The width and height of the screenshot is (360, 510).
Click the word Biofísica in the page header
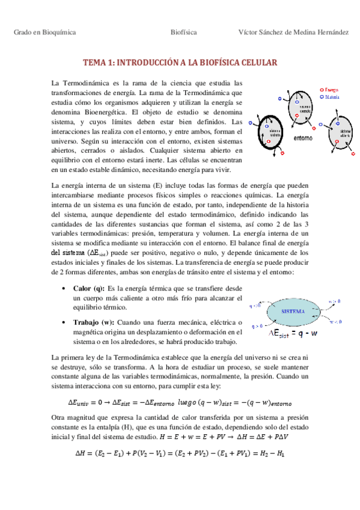[184, 32]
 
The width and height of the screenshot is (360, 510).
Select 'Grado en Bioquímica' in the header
[44, 32]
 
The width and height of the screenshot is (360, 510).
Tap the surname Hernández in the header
[329, 32]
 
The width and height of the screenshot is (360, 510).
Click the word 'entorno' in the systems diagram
[302, 137]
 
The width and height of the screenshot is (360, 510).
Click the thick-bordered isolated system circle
[276, 133]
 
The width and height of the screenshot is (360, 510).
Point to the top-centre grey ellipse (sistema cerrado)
[306, 108]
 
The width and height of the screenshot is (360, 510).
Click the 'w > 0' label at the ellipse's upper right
[337, 300]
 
